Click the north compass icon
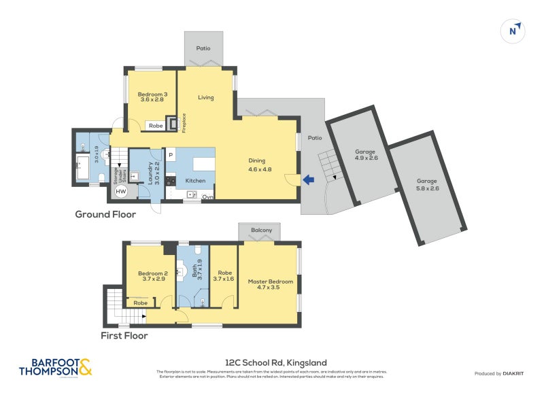[x=514, y=30]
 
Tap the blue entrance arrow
[x=309, y=179]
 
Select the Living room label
[x=206, y=97]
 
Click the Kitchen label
[x=196, y=181]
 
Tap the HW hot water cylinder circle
[x=120, y=192]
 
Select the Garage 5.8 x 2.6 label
[x=427, y=184]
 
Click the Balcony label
[x=262, y=230]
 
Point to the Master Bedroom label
[x=271, y=285]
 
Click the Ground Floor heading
[x=105, y=214]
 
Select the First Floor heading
[x=124, y=335]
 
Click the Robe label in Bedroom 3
[x=156, y=125]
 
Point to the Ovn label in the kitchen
[x=208, y=197]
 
